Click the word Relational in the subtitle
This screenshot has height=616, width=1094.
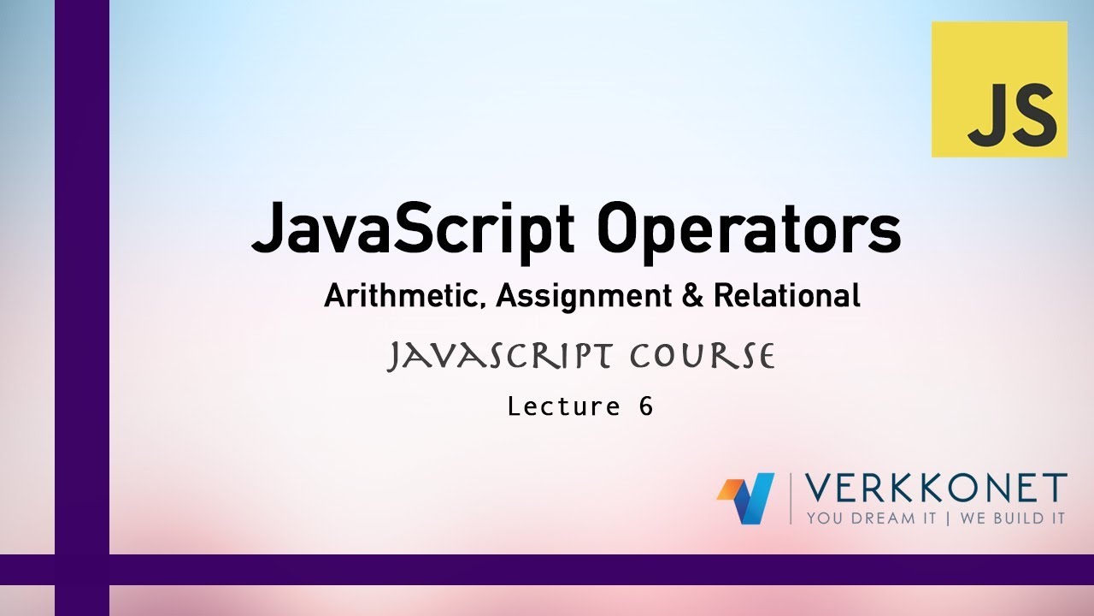click(x=786, y=296)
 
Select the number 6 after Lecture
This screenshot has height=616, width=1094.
click(x=645, y=406)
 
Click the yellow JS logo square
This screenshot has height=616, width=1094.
click(x=999, y=89)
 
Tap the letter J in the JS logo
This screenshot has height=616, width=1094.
click(x=984, y=116)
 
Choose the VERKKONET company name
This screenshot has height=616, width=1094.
click(x=936, y=489)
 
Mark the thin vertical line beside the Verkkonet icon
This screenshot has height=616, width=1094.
click(x=791, y=498)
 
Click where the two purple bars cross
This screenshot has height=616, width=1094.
click(x=82, y=569)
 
